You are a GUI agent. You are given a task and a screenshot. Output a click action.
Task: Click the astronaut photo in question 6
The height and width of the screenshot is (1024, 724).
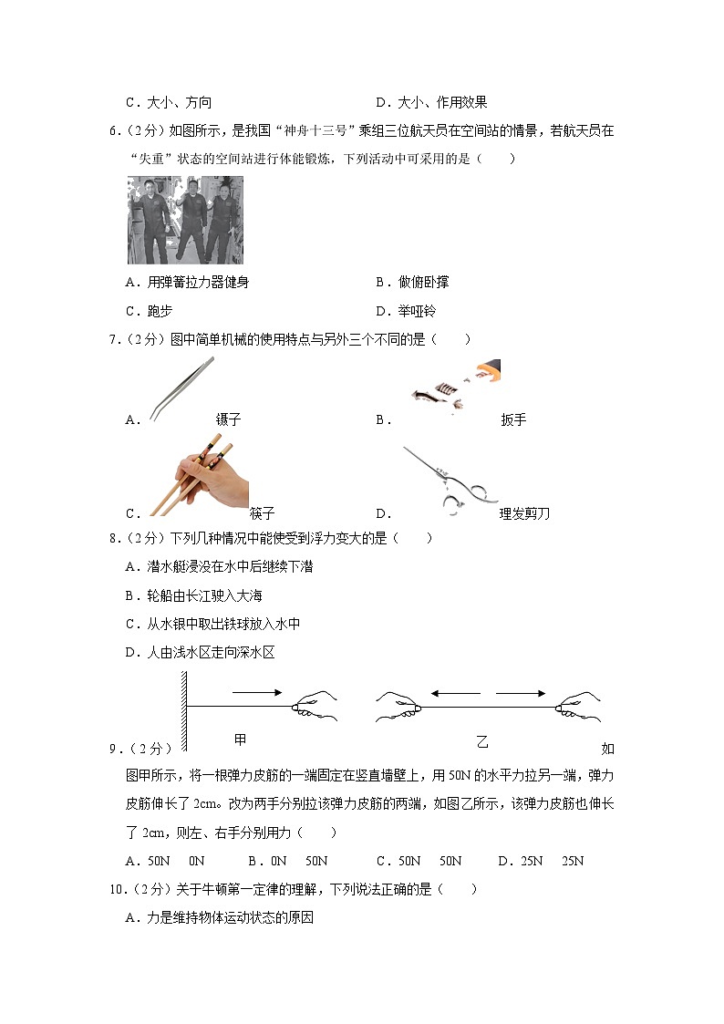(185, 220)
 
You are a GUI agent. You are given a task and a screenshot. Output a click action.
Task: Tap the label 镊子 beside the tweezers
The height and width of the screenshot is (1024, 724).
(228, 420)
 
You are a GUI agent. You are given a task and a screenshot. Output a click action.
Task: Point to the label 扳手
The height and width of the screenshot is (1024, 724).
(513, 420)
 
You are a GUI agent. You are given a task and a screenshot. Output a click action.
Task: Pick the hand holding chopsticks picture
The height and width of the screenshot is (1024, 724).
(199, 474)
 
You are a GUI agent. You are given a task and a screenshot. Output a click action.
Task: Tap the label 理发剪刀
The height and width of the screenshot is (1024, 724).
(524, 513)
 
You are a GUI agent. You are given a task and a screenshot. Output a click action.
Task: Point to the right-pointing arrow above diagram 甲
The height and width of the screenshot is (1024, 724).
(258, 693)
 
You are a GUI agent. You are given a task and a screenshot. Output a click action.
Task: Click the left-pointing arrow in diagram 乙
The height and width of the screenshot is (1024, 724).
(456, 694)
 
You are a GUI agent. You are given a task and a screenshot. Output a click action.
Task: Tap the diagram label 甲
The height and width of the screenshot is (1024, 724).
(241, 738)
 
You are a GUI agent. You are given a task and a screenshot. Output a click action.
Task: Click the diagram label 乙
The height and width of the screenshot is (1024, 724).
(482, 742)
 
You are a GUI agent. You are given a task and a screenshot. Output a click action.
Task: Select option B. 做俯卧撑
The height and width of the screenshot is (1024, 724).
(411, 283)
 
